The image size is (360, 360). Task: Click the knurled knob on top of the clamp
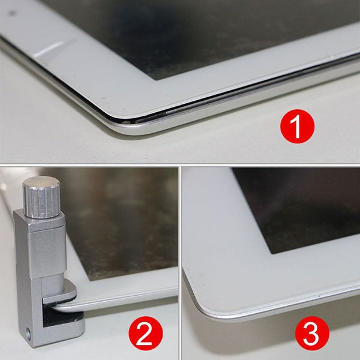[40, 197]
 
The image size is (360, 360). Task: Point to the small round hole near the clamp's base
[28, 331]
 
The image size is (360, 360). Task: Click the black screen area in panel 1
[180, 30]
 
